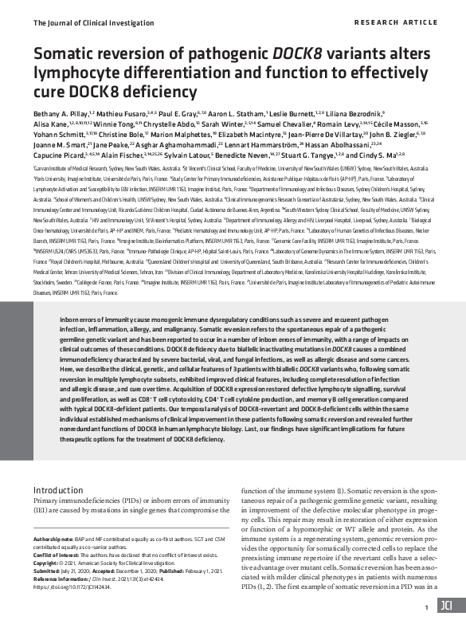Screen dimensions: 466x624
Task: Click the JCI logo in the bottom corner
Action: pyautogui.click(x=446, y=606)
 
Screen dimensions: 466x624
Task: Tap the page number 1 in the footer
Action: pyautogui.click(x=427, y=607)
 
